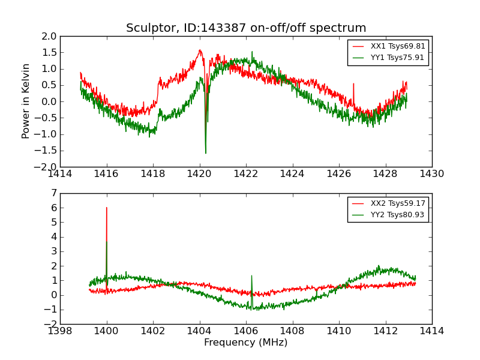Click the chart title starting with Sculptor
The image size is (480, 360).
pos(246,28)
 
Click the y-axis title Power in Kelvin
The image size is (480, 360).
pos(26,101)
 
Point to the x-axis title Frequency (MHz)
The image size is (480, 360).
pos(246,343)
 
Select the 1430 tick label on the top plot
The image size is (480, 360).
pos(431,173)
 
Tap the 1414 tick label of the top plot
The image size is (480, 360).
pos(61,173)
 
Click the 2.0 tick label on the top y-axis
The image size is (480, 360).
pos(50,36)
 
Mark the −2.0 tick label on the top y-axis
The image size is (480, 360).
pos(47,166)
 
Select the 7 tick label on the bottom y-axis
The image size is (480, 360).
pos(54,193)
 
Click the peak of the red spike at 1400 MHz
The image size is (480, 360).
pos(107,208)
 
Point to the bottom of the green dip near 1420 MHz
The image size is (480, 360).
pos(206,153)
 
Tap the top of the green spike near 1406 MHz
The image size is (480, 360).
pos(251,276)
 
